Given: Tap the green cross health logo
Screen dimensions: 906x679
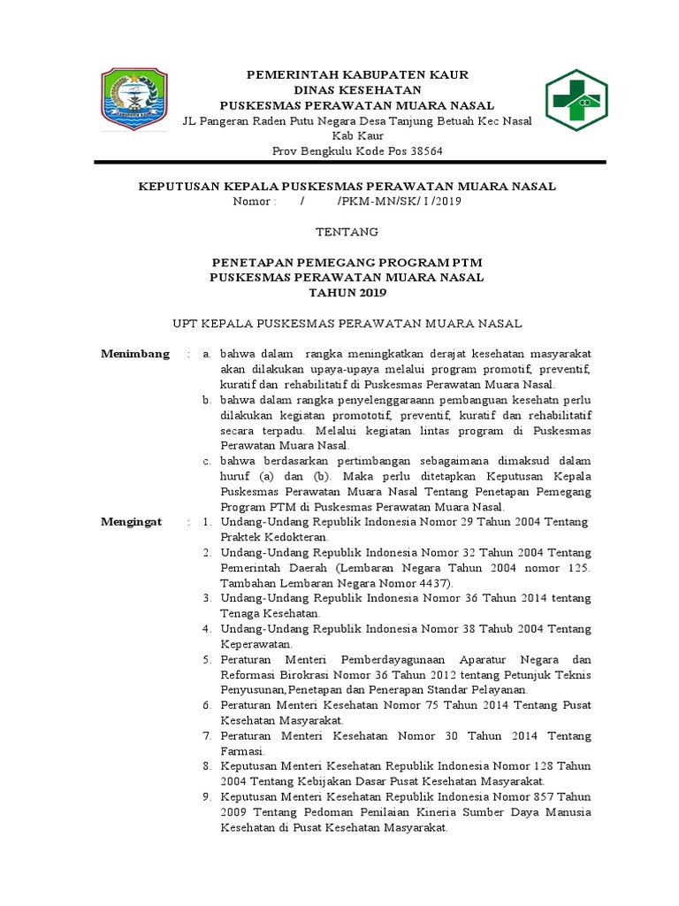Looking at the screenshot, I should point(576,101).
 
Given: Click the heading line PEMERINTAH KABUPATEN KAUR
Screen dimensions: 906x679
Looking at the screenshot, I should point(356,74).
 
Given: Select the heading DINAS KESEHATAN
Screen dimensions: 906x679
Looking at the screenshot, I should point(356,90).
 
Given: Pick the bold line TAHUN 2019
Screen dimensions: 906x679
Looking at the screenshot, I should point(347,292).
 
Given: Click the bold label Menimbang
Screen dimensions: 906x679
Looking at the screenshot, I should point(135,354).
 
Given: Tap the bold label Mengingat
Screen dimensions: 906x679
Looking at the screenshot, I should point(132,522).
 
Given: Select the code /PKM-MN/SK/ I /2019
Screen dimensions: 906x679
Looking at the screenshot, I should point(399,201).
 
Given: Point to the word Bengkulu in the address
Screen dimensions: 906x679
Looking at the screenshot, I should point(332,150).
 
